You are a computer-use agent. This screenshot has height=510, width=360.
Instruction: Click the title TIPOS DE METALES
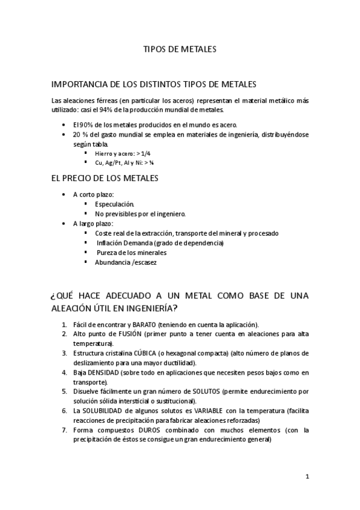180,49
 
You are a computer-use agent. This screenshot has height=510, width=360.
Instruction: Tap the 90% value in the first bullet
85,124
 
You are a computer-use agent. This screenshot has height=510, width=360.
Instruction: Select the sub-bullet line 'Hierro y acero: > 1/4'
122,153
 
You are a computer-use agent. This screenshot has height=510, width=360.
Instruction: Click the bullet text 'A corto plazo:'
93,194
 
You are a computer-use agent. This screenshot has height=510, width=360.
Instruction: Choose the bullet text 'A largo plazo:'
93,223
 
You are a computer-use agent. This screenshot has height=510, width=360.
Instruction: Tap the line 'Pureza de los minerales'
131,252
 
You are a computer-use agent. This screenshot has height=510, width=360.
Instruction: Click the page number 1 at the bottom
307,477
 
